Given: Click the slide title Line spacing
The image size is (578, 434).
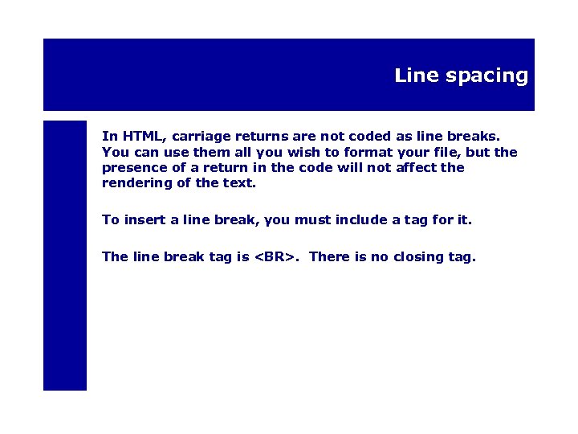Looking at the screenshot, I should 461,76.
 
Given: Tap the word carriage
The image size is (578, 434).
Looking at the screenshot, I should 202,137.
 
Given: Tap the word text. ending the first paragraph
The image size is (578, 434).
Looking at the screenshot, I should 239,182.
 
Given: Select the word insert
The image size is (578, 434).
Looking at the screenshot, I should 143,219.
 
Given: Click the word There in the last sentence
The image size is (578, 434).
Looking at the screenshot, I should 328,257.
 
